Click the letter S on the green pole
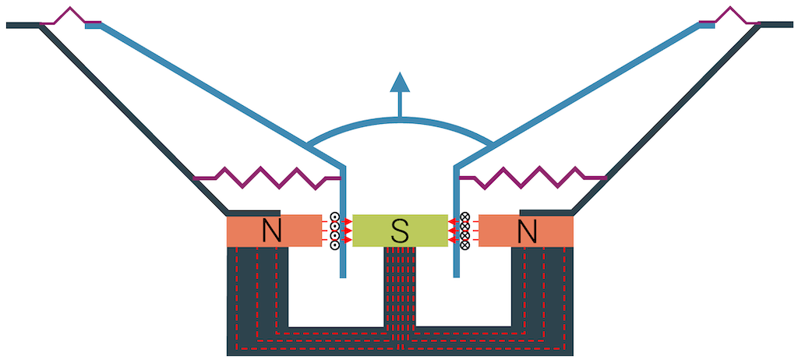tap(400, 231)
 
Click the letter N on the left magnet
tap(271, 231)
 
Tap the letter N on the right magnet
tap(528, 231)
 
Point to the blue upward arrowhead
tap(400, 81)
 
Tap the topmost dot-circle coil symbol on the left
tap(335, 217)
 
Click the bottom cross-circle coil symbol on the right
tap(465, 245)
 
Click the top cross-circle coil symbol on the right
tap(465, 217)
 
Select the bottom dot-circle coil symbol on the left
tap(335, 245)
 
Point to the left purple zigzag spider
tap(265, 178)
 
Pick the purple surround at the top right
tap(729, 16)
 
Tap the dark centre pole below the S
tap(400, 288)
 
